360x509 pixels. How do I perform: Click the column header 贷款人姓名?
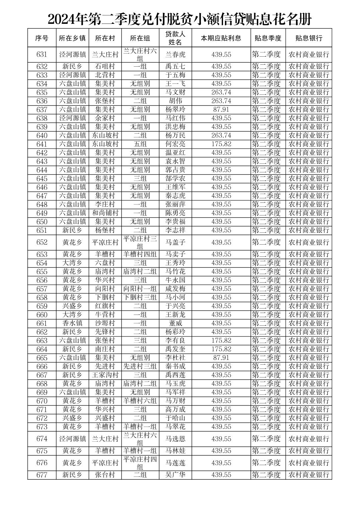click(175, 38)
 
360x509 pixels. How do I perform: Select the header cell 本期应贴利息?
click(221, 38)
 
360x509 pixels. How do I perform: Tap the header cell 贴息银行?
click(308, 38)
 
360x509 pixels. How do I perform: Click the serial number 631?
click(42, 55)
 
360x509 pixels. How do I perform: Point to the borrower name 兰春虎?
click(175, 55)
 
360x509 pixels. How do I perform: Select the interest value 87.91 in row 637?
click(221, 110)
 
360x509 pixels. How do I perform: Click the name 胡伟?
click(175, 101)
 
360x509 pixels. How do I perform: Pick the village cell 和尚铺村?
click(105, 213)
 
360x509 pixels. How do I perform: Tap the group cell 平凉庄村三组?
click(140, 242)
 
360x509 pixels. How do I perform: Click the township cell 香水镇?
click(72, 323)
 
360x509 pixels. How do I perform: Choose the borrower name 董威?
click(175, 323)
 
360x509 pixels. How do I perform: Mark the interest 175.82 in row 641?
click(221, 144)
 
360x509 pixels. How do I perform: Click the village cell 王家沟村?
click(105, 375)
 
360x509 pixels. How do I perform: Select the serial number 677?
click(42, 475)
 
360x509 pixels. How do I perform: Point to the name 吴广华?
click(175, 475)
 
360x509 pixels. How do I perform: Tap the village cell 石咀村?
click(105, 66)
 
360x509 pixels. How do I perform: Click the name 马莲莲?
click(175, 463)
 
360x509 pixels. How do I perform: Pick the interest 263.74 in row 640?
click(221, 135)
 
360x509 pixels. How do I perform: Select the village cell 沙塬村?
click(105, 323)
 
